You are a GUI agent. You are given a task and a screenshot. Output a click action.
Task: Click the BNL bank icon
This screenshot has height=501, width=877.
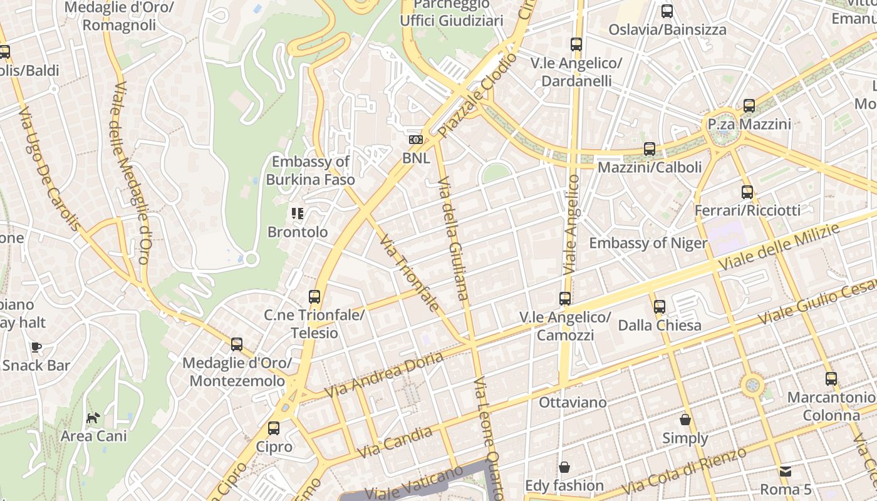tap(416, 140)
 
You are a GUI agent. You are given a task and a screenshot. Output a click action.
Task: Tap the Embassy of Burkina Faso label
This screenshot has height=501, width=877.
tap(311, 170)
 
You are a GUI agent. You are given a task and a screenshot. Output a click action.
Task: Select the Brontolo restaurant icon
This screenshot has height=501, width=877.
tap(298, 214)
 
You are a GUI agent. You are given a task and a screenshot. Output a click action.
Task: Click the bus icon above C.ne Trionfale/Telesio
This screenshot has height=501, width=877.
tap(314, 297)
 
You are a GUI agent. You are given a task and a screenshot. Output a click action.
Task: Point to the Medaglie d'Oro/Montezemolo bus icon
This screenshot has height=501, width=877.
tap(236, 344)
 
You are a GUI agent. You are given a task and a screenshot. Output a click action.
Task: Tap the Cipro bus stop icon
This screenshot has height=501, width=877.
tap(274, 428)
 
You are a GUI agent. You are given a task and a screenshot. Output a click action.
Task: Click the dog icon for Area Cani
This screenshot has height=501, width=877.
tap(93, 418)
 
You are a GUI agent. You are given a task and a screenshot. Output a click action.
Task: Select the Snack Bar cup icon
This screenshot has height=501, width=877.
tap(36, 347)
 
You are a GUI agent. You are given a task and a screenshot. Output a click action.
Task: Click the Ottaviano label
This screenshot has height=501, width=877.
tap(573, 402)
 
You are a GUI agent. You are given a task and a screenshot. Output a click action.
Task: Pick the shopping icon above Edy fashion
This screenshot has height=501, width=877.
tap(564, 467)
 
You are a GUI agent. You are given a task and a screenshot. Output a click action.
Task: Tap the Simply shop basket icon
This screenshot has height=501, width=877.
tap(685, 420)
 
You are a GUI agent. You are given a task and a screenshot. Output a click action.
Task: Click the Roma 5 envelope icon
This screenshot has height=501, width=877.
tap(786, 471)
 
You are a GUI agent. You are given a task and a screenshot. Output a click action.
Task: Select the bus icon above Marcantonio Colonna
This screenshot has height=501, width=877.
tap(831, 379)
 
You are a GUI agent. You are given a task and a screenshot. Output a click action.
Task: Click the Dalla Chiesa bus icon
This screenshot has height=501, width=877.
tap(660, 307)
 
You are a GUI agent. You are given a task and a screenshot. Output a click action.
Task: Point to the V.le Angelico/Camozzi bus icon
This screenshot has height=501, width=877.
tap(565, 299)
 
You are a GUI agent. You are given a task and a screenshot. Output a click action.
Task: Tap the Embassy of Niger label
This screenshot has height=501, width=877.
tap(648, 243)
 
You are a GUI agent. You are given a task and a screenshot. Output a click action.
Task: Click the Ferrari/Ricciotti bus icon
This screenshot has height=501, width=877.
tap(747, 192)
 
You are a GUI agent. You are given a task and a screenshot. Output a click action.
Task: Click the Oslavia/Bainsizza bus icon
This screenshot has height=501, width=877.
tap(667, 11)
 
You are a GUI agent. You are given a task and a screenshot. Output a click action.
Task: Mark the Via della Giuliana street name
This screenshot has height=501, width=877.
tap(453, 238)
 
